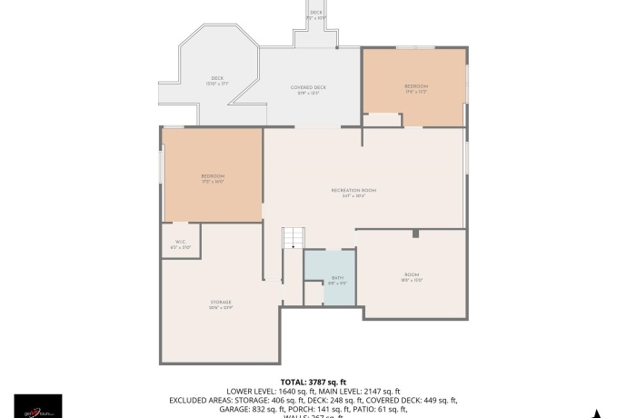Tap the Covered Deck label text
308,89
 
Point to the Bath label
337,279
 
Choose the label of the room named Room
413,277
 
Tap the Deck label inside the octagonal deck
217,80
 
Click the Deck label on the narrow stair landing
316,14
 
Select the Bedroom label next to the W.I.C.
213,177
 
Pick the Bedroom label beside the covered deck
415,87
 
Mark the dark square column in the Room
415,234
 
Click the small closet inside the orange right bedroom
383,119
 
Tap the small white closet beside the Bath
313,294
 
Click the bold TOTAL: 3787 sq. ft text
313,382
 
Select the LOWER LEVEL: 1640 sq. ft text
270,391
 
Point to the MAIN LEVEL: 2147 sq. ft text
358,391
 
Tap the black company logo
38,406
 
